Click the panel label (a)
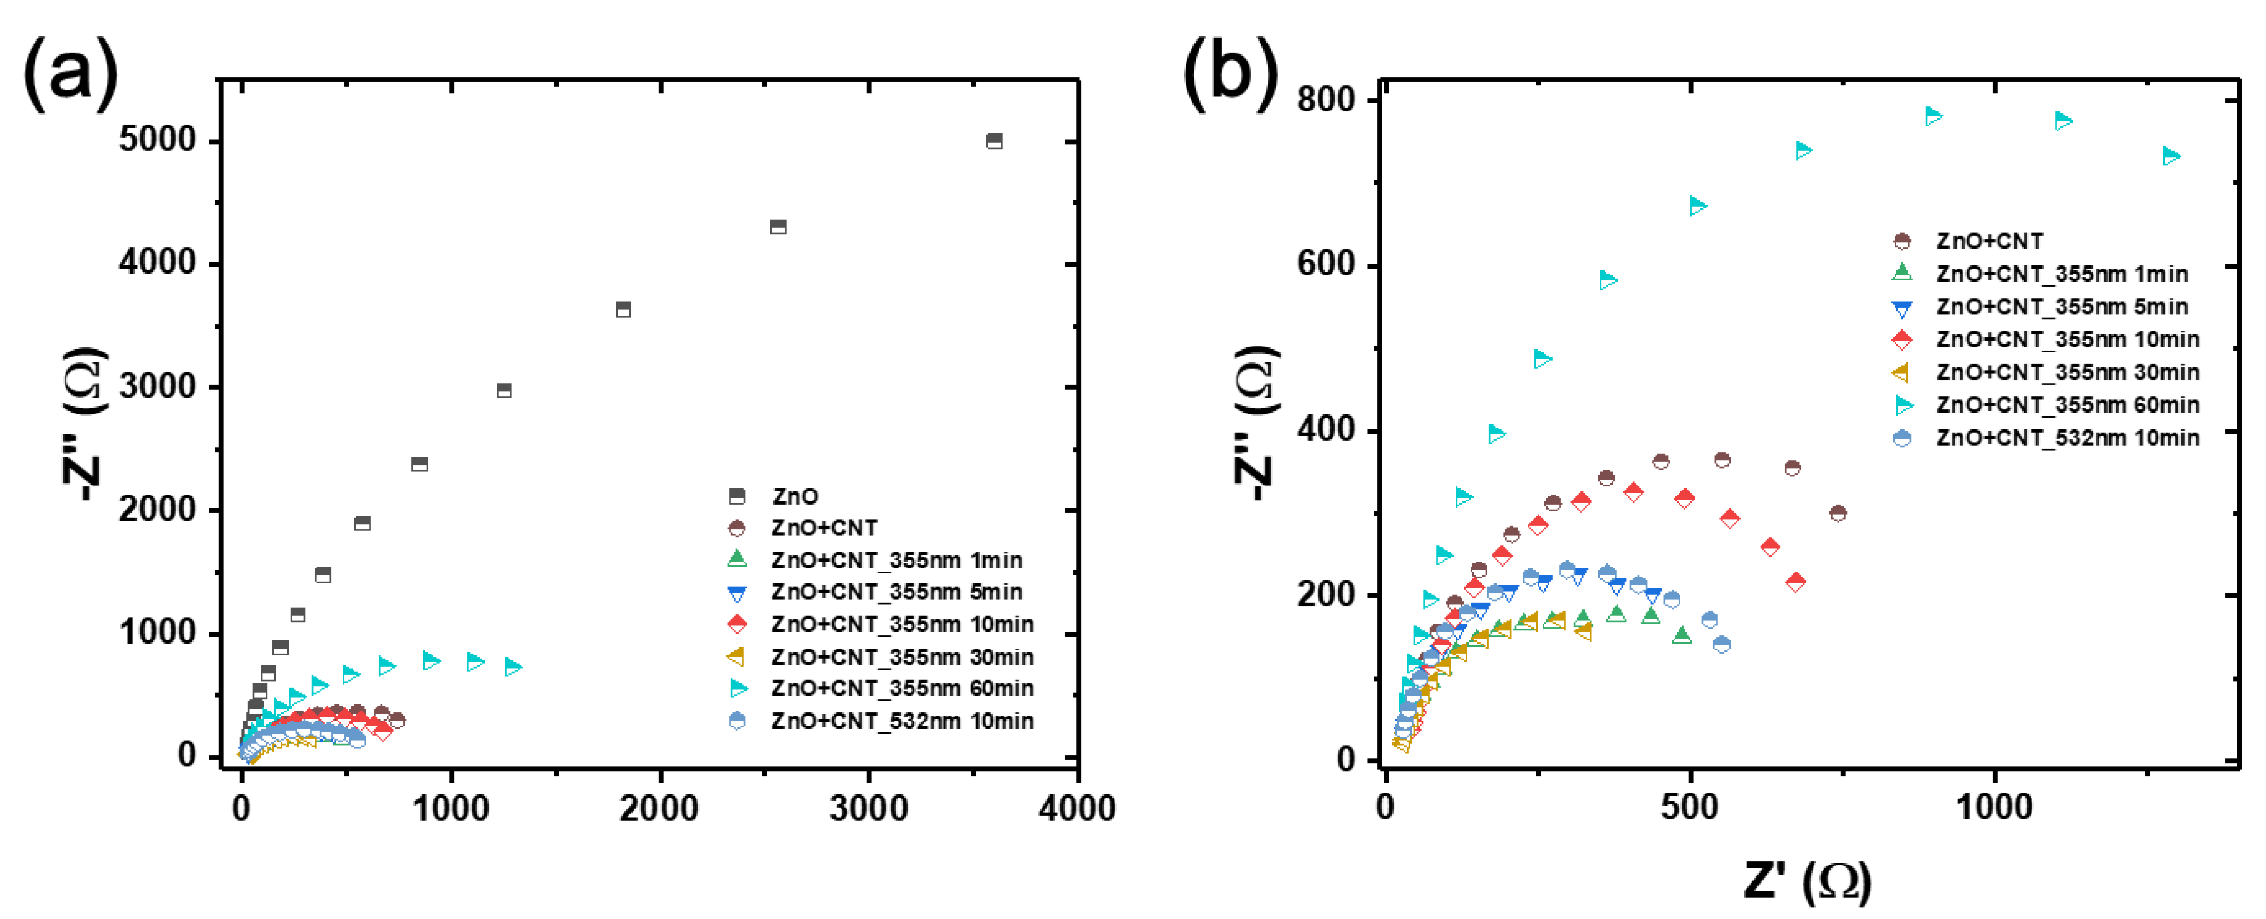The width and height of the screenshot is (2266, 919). pos(70,74)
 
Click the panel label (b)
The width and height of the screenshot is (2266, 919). pos(1229,74)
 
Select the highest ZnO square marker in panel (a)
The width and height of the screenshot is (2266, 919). pos(994,141)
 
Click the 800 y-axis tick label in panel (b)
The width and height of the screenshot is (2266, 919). pos(1326,100)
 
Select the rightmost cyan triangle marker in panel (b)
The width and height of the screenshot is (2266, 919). pos(2171,157)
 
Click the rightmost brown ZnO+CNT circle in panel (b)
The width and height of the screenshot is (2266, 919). pos(1838,513)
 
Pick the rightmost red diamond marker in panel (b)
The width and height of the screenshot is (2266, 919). pos(1796,582)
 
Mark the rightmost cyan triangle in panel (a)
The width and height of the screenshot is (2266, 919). pos(514,667)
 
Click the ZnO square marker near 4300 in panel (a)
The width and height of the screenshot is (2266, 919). pos(778,227)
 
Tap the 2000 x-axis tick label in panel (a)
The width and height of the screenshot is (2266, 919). pos(659,808)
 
